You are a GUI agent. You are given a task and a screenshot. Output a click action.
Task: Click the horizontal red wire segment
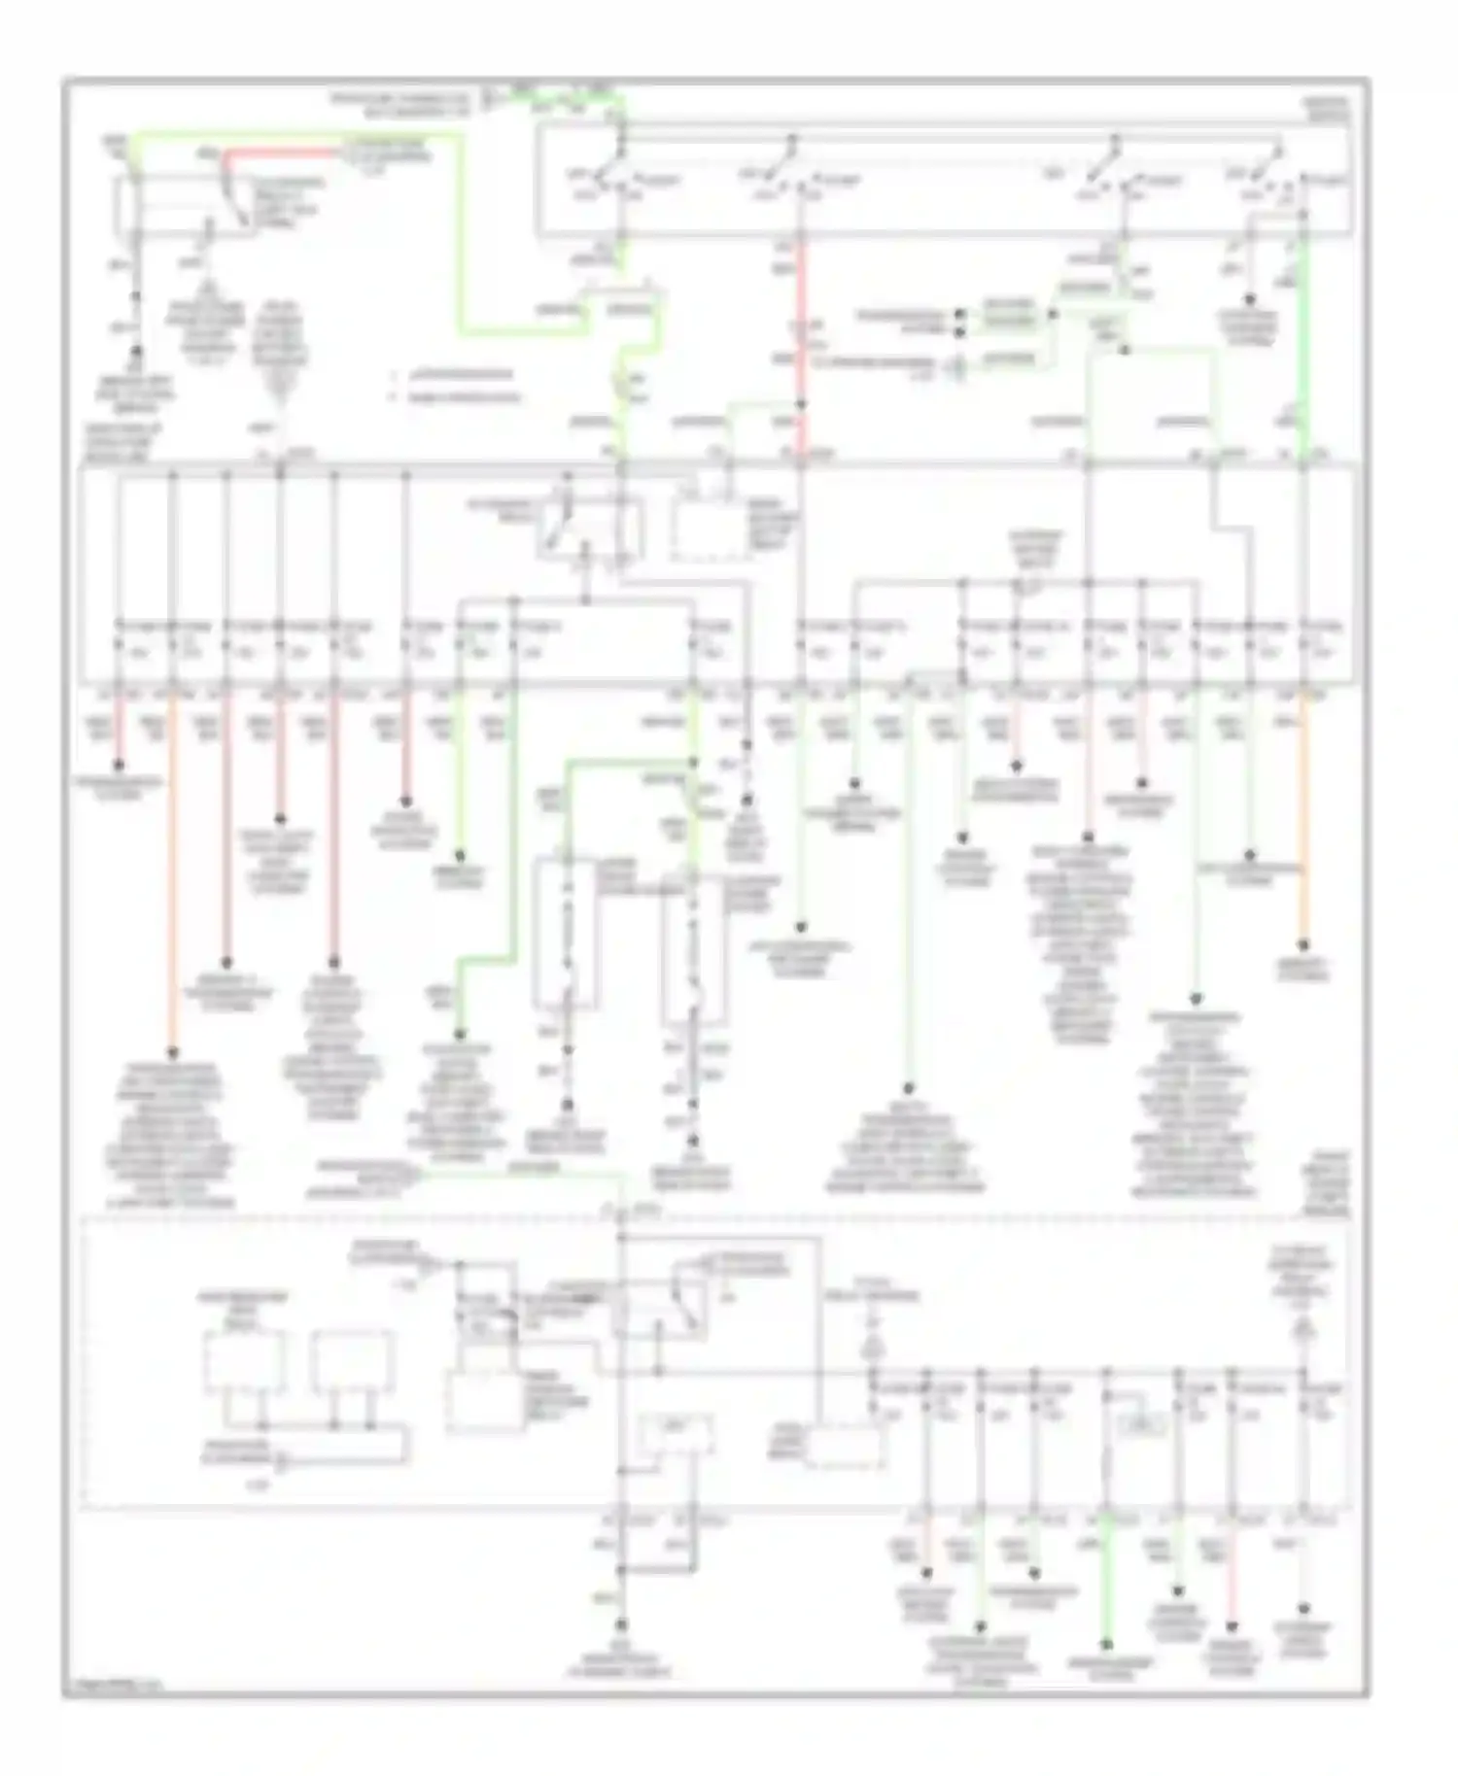click(x=282, y=153)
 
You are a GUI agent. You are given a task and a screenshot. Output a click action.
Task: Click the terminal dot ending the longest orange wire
click(x=173, y=1051)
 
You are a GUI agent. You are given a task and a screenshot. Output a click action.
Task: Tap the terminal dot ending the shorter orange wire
click(x=1304, y=943)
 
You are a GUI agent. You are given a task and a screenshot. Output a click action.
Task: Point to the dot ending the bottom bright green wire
click(x=1106, y=1646)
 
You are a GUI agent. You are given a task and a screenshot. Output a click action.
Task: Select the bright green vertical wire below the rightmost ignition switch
click(x=1302, y=340)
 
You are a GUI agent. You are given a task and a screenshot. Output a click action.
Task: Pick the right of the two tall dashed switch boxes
click(x=693, y=952)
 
